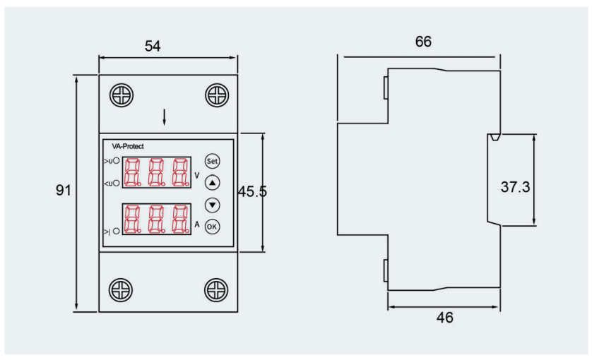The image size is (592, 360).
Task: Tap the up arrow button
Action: pyautogui.click(x=213, y=182)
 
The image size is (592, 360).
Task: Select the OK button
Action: pyautogui.click(x=213, y=227)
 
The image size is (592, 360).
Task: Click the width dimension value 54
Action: pyautogui.click(x=153, y=47)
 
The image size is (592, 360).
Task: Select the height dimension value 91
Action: pyautogui.click(x=64, y=191)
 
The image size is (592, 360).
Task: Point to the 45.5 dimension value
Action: pyautogui.click(x=252, y=191)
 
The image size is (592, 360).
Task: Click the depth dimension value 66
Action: pyautogui.click(x=423, y=42)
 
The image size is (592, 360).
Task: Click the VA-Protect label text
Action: pyautogui.click(x=128, y=146)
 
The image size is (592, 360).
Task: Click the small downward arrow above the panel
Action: pyautogui.click(x=165, y=118)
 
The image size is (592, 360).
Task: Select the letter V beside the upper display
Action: pyautogui.click(x=197, y=172)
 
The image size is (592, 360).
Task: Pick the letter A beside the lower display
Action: pyautogui.click(x=197, y=224)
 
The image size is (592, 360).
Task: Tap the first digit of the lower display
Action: pyautogui.click(x=131, y=220)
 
